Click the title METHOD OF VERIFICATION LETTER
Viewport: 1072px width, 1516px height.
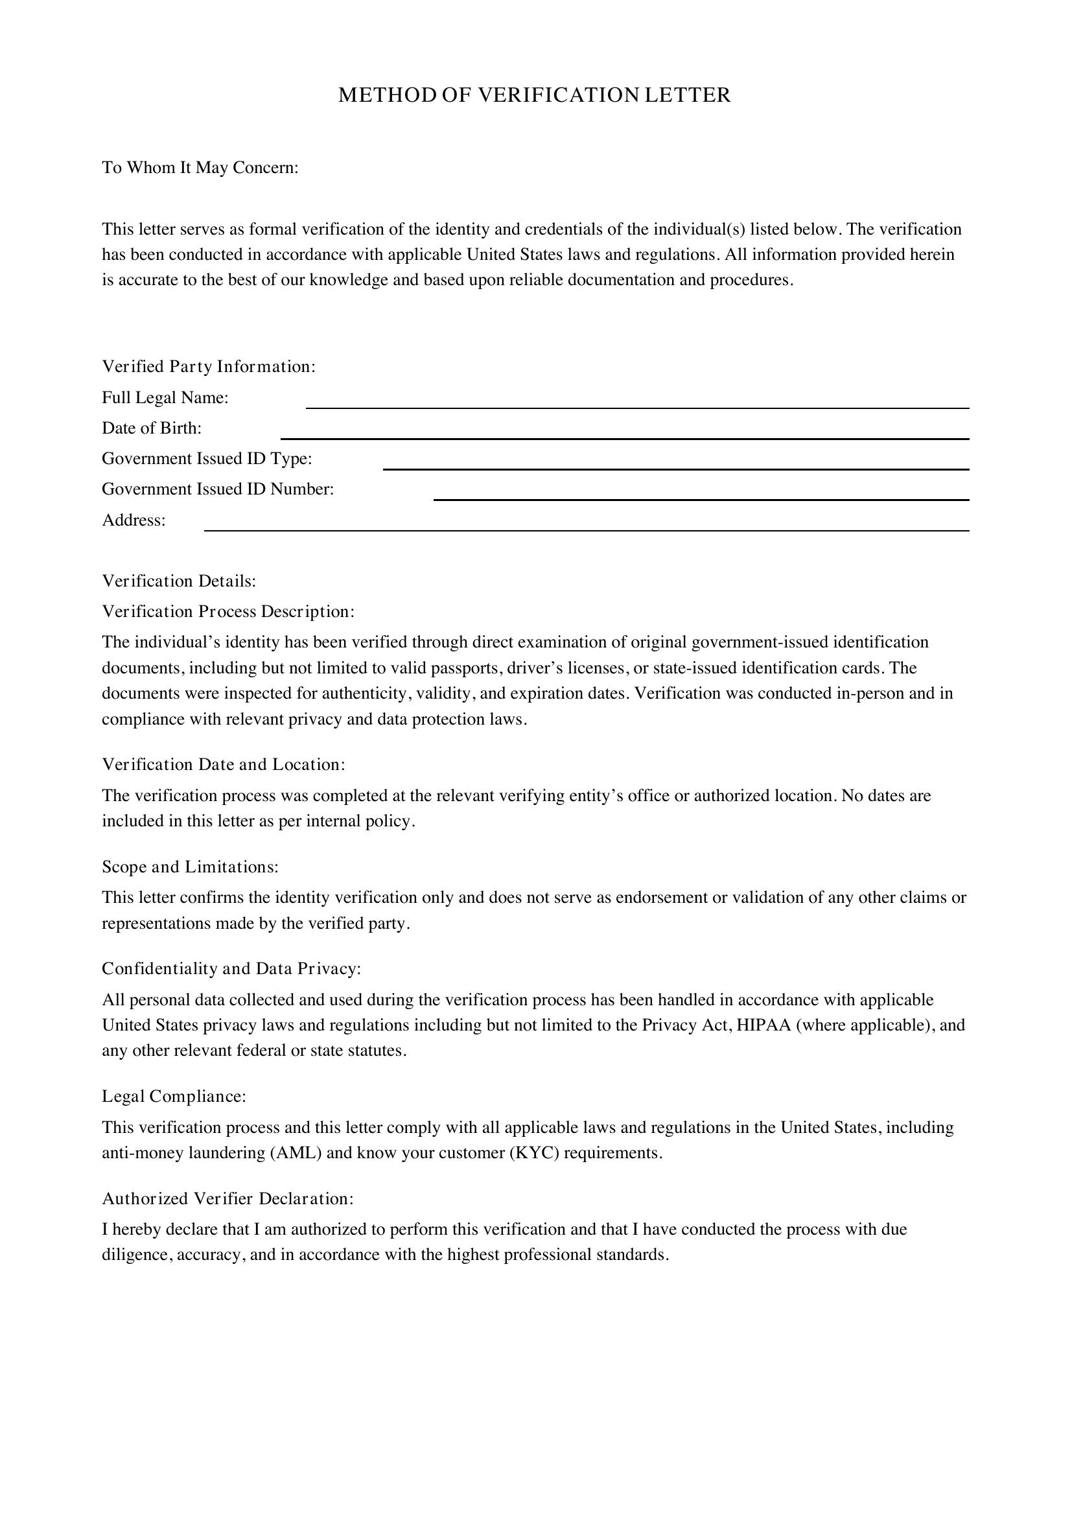coord(535,96)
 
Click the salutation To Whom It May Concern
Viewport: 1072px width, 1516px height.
coord(200,168)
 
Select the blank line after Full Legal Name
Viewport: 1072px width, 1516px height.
coord(637,404)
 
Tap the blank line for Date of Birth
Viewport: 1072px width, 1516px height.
coord(624,434)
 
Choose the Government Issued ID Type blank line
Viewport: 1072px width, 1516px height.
coord(676,465)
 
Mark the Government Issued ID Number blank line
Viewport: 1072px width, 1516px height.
coord(701,495)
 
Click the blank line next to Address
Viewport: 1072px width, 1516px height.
coord(586,526)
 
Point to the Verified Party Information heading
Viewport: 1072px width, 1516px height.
coord(209,366)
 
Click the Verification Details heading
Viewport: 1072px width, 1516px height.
coord(179,581)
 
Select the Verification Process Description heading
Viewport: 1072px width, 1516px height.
coord(228,611)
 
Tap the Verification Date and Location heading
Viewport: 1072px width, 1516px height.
coord(224,765)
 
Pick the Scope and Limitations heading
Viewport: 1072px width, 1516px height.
coord(190,867)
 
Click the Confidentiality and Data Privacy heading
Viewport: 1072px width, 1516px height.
coord(231,968)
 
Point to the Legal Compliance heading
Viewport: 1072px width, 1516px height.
coord(174,1096)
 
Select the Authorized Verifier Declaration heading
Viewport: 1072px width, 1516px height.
coord(227,1198)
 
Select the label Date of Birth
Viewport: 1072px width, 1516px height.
coord(152,428)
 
